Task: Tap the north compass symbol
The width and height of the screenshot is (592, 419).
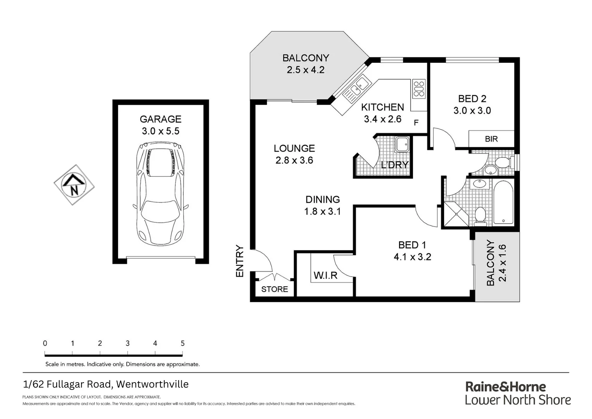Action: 74,185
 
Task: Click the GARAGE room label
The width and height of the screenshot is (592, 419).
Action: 160,119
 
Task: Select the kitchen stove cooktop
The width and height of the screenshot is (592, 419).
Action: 418,88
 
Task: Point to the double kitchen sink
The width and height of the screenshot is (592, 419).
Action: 357,87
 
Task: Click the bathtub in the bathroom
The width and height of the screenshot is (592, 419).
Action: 503,203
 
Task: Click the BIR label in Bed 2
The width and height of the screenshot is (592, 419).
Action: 491,139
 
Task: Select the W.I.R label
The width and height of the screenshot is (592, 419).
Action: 325,275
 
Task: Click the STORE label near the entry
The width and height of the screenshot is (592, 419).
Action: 274,289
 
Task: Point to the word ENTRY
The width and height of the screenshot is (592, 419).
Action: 240,261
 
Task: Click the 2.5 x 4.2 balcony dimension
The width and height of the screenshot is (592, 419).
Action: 306,70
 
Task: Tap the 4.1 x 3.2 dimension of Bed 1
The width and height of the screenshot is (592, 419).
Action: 412,257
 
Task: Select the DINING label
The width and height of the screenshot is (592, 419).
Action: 322,199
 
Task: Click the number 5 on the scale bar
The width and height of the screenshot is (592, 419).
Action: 182,343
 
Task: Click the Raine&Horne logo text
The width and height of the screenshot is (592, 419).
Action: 505,387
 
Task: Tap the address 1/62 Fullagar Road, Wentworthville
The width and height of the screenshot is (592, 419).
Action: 106,384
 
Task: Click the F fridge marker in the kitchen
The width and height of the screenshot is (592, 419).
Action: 416,123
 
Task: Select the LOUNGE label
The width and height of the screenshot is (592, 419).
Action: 294,148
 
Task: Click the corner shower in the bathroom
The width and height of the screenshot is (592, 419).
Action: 456,214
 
